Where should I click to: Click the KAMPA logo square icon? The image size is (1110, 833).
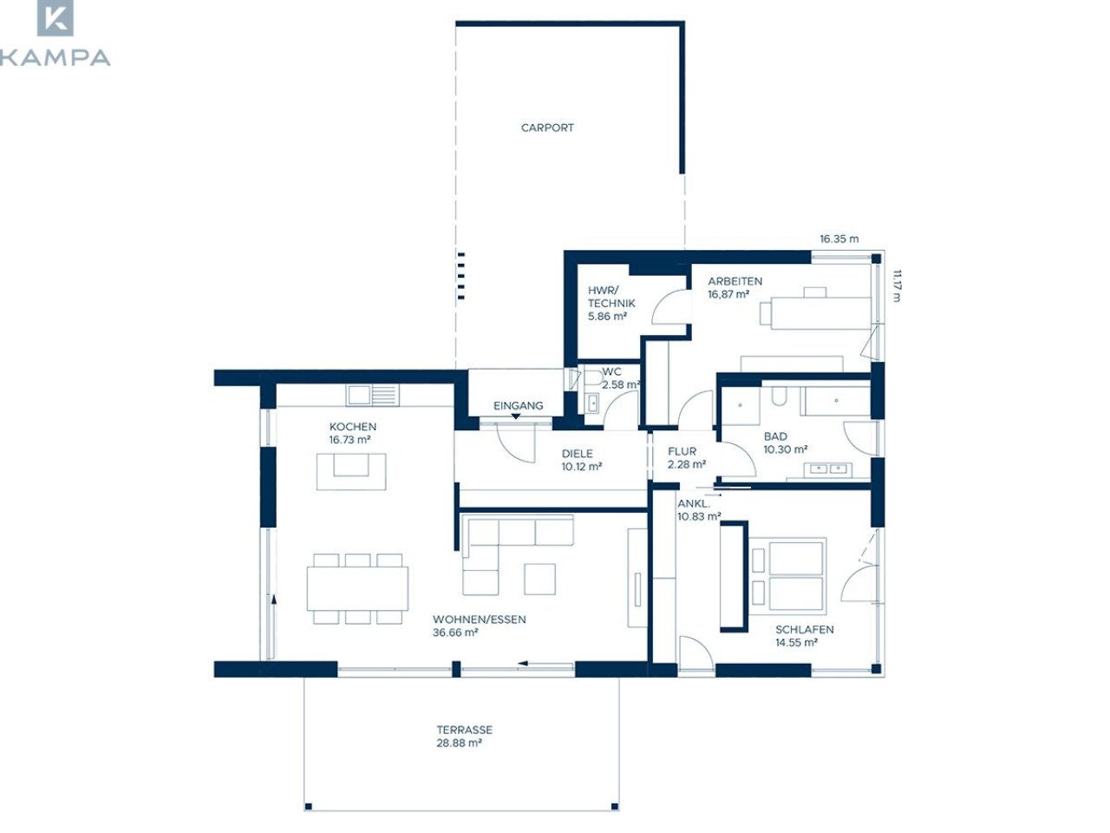55,17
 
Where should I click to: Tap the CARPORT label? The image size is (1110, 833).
547,128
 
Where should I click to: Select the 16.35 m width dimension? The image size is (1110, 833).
839,239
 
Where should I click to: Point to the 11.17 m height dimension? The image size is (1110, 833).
896,285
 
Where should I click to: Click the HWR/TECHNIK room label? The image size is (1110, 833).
610,304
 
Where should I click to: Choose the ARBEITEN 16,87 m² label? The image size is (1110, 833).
735,288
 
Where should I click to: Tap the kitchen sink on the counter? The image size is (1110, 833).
373,395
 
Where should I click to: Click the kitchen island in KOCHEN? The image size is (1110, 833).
351,471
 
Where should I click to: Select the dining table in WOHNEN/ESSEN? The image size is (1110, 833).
357,588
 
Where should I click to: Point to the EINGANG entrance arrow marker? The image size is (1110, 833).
515,416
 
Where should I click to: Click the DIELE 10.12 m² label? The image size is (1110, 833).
582,460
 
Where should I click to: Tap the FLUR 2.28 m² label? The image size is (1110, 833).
686,458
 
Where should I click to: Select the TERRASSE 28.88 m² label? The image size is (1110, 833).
464,737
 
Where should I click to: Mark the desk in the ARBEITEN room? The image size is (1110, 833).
820,313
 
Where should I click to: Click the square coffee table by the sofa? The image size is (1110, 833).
539,579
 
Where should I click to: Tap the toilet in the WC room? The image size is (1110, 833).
592,379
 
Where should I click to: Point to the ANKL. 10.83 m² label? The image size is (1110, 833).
698,510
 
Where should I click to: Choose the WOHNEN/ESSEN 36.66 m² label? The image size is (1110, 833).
479,626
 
